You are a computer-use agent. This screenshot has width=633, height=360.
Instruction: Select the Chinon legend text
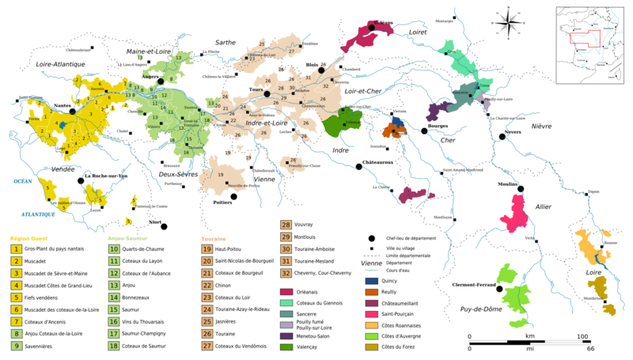click(227, 286)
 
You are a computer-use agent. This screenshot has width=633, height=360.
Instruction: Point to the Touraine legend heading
click(214, 237)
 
